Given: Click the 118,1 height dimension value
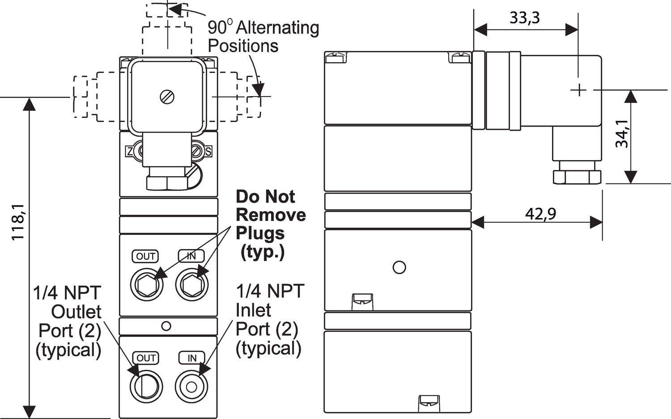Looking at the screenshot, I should pyautogui.click(x=18, y=222).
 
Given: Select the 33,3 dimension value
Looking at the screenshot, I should pyautogui.click(x=525, y=18).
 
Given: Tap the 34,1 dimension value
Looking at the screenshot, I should pyautogui.click(x=622, y=134).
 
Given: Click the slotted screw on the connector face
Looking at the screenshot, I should pyautogui.click(x=167, y=97).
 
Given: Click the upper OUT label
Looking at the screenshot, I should pyautogui.click(x=146, y=256).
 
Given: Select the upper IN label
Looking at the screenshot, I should pyautogui.click(x=191, y=256).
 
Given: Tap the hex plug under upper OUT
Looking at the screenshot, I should pyautogui.click(x=148, y=285).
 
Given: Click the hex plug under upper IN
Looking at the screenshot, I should pyautogui.click(x=191, y=285).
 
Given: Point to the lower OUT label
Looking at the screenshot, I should pyautogui.click(x=146, y=358).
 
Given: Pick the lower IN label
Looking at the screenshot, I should pyautogui.click(x=191, y=358).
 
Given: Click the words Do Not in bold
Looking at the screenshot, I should pyautogui.click(x=265, y=197).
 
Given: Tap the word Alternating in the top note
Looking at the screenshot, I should pyautogui.click(x=277, y=28).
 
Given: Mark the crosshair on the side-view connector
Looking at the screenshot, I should pyautogui.click(x=579, y=90).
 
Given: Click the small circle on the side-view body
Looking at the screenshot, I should pyautogui.click(x=399, y=267).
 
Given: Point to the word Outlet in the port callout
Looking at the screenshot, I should pyautogui.click(x=76, y=312).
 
